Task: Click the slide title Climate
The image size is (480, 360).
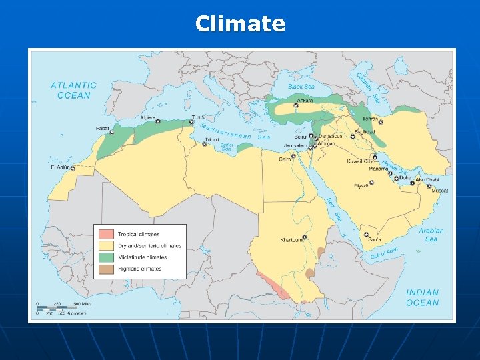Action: click(x=240, y=24)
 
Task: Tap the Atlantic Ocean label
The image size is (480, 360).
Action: click(x=73, y=90)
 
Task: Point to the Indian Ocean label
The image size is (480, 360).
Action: click(x=423, y=297)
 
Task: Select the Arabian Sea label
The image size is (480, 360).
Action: click(x=431, y=235)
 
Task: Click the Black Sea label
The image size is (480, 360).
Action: click(x=301, y=87)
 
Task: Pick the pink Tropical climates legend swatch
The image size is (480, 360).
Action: click(x=106, y=234)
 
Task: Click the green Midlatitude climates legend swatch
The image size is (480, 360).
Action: click(x=106, y=257)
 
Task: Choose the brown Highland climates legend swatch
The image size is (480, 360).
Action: click(x=106, y=269)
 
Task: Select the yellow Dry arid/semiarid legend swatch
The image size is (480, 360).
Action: click(x=106, y=245)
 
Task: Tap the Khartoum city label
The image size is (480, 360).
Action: click(x=290, y=239)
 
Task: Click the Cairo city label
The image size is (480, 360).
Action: click(x=285, y=159)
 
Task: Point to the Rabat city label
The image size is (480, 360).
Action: click(x=102, y=128)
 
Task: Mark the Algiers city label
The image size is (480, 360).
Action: click(x=147, y=118)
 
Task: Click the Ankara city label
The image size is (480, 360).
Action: click(x=304, y=100)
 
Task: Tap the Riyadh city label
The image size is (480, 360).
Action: click(x=361, y=186)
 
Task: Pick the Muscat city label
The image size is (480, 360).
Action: click(x=439, y=191)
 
